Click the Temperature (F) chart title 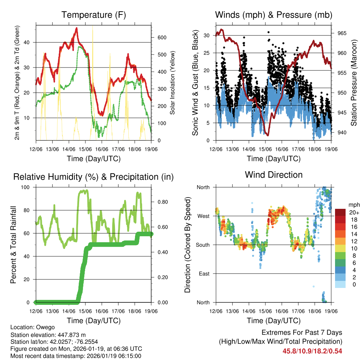point(93,15)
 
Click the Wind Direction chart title point(274,175)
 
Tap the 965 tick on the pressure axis point(342,33)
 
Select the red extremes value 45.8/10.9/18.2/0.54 point(312,351)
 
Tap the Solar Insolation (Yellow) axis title point(172,83)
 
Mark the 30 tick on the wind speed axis point(206,36)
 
